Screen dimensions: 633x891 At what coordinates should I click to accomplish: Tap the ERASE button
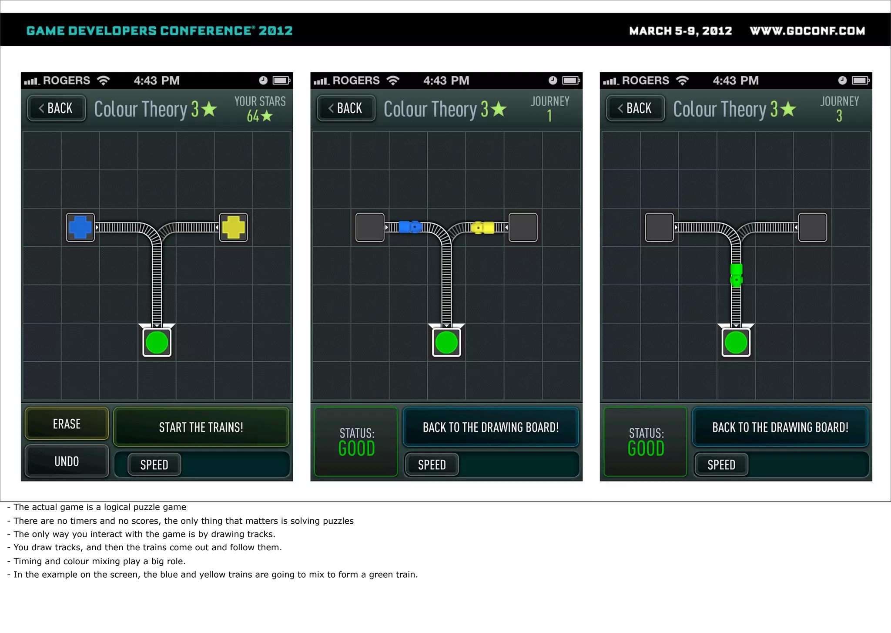click(67, 424)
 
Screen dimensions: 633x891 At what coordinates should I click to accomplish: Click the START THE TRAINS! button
click(201, 427)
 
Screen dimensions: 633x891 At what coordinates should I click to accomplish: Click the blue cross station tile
click(80, 227)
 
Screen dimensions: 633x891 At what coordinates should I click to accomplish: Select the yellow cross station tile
click(234, 227)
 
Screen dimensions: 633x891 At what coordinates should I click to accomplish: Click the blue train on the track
click(410, 227)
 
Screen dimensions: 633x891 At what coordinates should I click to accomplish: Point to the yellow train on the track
click(483, 228)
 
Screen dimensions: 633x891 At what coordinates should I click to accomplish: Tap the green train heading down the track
click(736, 275)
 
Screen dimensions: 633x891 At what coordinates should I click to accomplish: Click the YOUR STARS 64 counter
click(260, 109)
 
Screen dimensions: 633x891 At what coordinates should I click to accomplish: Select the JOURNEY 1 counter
click(549, 109)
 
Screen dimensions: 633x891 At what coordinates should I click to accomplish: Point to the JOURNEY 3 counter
click(839, 109)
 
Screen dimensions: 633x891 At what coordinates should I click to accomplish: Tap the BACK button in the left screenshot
click(56, 108)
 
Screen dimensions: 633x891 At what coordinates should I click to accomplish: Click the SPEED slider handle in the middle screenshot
click(432, 465)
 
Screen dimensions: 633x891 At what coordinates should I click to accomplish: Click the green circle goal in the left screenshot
click(157, 342)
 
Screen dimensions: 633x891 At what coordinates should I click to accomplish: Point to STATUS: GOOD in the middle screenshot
click(356, 441)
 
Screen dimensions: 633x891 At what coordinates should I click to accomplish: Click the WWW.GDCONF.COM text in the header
click(807, 31)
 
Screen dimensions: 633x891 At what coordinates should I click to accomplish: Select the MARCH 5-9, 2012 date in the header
click(680, 31)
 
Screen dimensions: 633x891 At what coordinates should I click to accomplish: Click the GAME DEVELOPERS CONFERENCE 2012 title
click(159, 31)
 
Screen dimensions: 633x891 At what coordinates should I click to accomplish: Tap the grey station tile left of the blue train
click(370, 227)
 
